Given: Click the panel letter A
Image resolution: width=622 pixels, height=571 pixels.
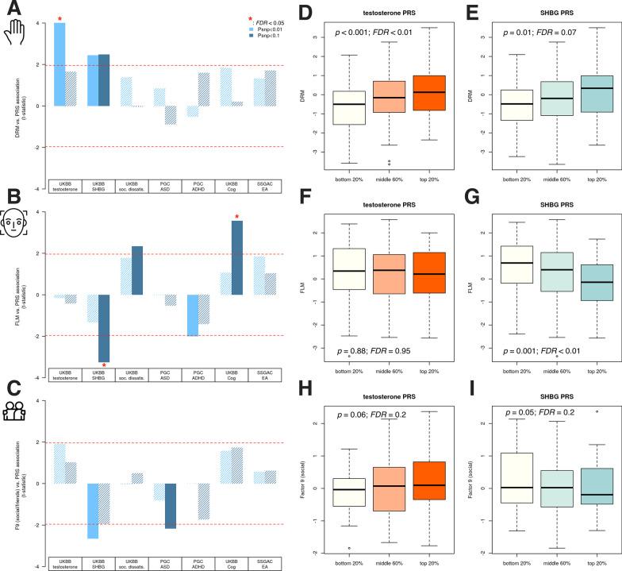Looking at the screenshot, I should (13, 10).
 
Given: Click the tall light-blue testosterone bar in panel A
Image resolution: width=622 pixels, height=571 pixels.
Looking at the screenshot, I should (60, 64).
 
